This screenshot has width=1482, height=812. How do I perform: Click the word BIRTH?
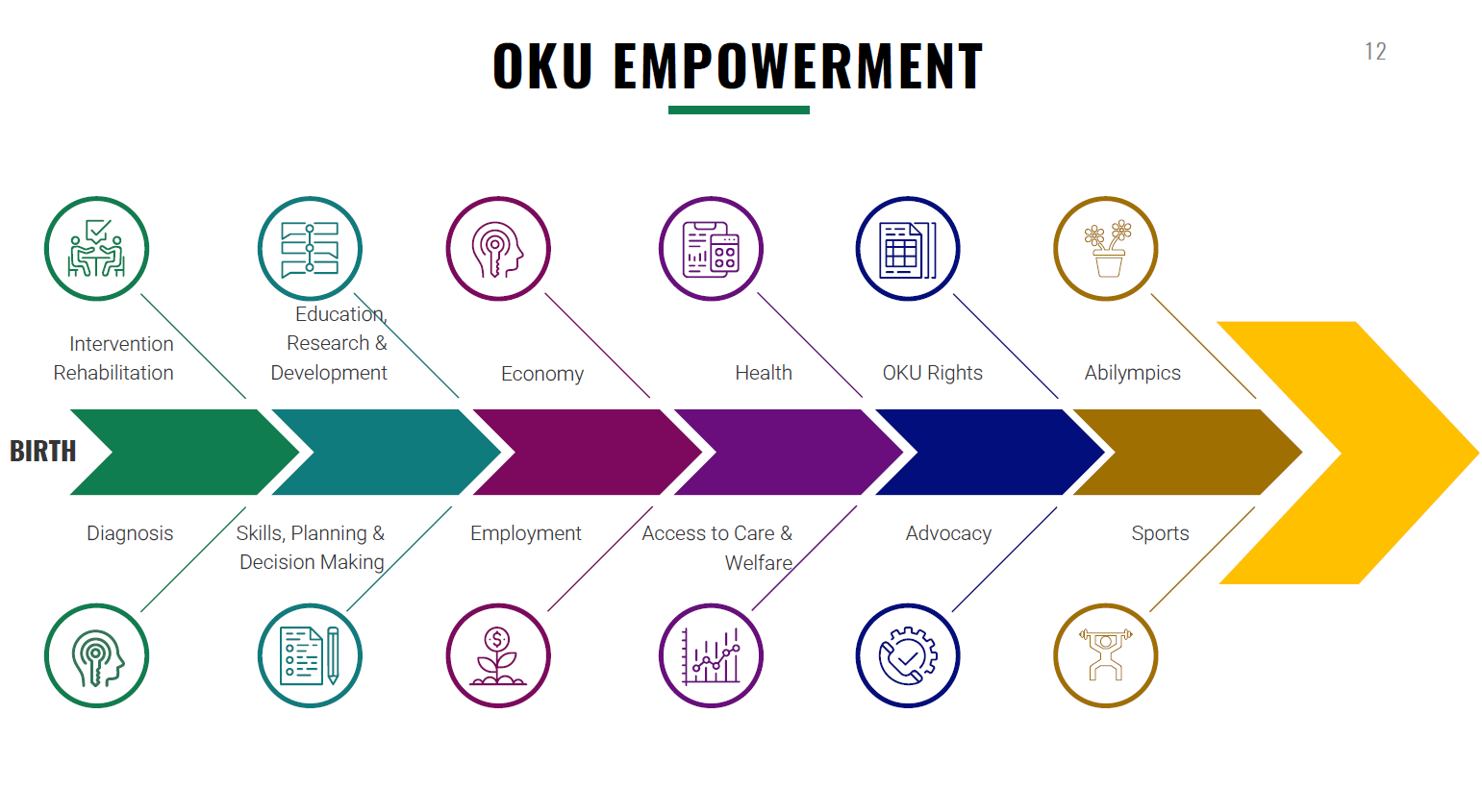(42, 451)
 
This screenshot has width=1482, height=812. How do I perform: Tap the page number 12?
(1375, 52)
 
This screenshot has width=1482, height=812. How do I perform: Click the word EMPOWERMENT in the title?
(797, 66)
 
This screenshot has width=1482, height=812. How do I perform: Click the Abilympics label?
(1132, 373)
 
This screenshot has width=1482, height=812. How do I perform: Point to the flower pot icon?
(1106, 249)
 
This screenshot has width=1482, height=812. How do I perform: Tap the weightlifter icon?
(1106, 655)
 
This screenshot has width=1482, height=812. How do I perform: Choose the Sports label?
(1160, 533)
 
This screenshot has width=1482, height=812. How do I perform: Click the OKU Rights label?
(932, 373)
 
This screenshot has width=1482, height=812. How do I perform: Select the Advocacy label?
(948, 533)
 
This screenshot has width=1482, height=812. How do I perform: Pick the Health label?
(764, 373)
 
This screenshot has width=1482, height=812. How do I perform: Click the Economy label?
(542, 374)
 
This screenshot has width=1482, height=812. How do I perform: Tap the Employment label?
(526, 533)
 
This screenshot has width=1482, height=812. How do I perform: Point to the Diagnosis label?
(130, 533)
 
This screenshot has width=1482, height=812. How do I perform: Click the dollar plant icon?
(498, 655)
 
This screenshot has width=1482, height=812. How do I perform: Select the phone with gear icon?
(908, 655)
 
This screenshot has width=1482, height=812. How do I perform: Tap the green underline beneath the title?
(739, 111)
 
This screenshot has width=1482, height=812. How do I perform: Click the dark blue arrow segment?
(981, 453)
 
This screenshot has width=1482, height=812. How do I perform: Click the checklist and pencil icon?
(310, 655)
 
